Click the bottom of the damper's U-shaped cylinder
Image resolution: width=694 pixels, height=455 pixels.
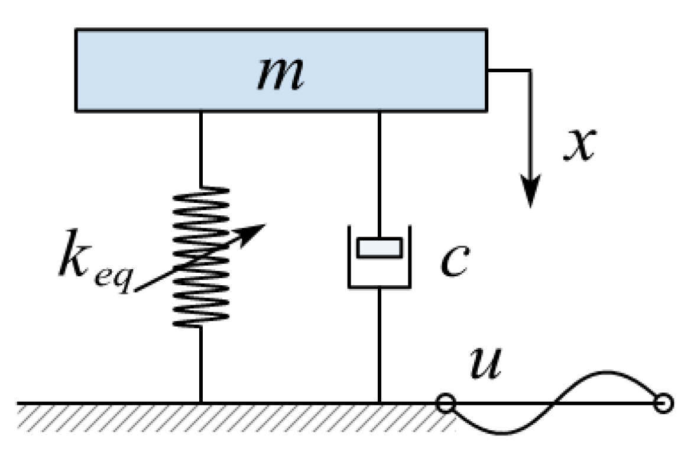coord(380,286)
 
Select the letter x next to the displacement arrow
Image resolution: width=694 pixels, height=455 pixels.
coord(578,145)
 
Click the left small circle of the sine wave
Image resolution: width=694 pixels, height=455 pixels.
coord(445,404)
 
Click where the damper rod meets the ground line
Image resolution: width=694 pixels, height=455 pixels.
coord(380,404)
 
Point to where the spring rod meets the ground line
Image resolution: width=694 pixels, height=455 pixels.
coord(201,404)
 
